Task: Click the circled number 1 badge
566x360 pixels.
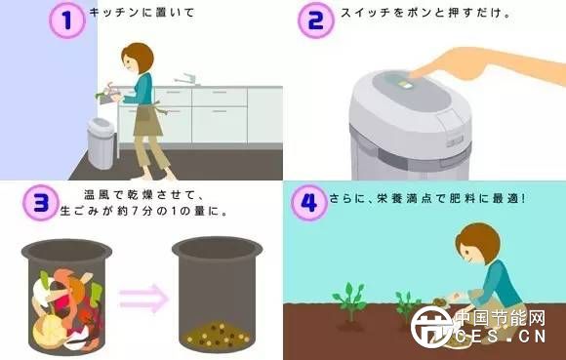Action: coord(67,20)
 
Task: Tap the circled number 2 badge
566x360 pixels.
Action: coord(316,20)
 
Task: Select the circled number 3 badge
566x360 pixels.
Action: coord(41,202)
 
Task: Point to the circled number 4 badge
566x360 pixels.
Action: coord(309,203)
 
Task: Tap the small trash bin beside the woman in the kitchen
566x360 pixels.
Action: coord(101,143)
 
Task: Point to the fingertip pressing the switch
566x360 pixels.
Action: coord(413,74)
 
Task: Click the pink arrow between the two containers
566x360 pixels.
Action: coord(143,299)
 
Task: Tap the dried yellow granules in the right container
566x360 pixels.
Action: coord(218,336)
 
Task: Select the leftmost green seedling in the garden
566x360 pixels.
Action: coord(349,301)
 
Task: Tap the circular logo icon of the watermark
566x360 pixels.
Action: coord(431,327)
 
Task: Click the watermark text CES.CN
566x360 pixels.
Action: coord(501,337)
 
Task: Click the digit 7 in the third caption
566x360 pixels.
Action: coord(134,211)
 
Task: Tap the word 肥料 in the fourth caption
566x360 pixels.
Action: coord(463,198)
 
